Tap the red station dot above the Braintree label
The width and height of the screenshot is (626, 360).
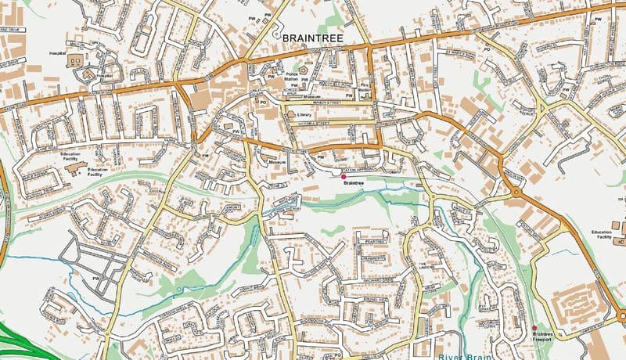(x=344, y=177)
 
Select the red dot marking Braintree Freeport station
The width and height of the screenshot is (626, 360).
(x=534, y=327)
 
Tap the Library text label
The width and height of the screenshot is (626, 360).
(x=304, y=114)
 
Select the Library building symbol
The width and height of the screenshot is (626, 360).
(x=290, y=114)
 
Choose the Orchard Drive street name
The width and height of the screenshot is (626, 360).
(x=383, y=279)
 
